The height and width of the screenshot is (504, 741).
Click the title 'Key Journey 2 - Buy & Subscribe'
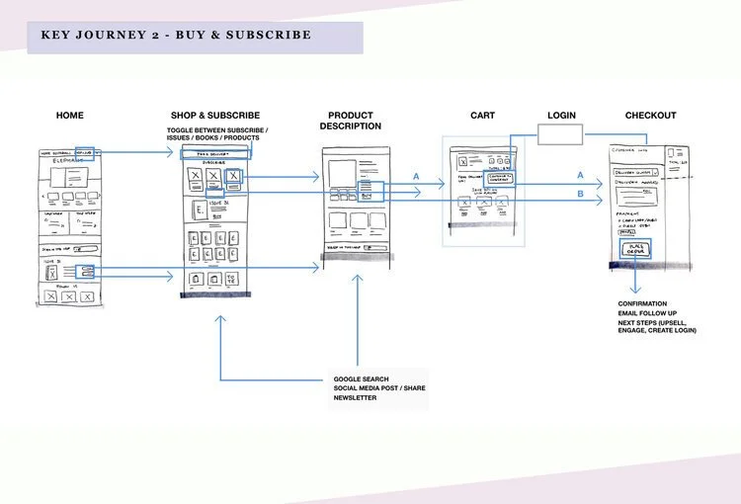tap(176, 36)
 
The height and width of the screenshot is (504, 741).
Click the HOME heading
tap(70, 116)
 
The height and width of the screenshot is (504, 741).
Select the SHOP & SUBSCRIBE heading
tap(217, 116)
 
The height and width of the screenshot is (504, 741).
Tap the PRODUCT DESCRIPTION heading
tap(351, 121)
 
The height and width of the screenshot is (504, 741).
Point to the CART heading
tap(482, 116)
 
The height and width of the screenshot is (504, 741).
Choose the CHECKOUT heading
tap(650, 116)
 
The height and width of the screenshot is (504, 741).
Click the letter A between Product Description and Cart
tap(416, 177)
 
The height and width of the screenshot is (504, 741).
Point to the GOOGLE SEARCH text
tap(361, 378)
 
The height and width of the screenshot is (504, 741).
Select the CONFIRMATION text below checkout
tap(642, 303)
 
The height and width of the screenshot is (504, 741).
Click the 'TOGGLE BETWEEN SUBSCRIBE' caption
tap(217, 130)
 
